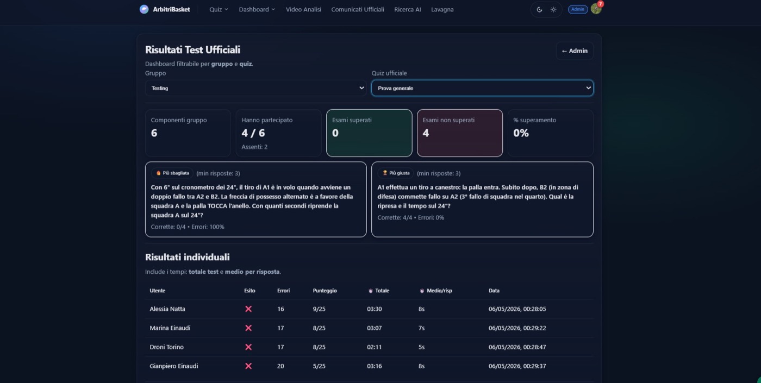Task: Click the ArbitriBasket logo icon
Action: coord(144,9)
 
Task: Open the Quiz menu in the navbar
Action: coord(219,10)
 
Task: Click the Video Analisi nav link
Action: coord(303,10)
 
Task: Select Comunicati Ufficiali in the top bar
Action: coord(358,10)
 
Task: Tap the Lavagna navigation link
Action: coord(442,10)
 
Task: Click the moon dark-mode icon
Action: coord(539,10)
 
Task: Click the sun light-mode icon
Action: coord(553,10)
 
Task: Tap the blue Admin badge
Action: coord(577,9)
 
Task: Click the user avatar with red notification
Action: coord(596,9)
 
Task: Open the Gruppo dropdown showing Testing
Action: coord(255,88)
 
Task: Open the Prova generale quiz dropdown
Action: coord(482,88)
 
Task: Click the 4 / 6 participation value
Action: coord(253,133)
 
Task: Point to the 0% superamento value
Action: coord(521,133)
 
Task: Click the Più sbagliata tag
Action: coord(172,173)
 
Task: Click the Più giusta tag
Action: coord(396,173)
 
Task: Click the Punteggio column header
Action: coord(325,291)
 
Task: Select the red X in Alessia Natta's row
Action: coord(248,309)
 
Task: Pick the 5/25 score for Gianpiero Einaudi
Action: coord(319,366)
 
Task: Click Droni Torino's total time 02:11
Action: coord(374,347)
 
